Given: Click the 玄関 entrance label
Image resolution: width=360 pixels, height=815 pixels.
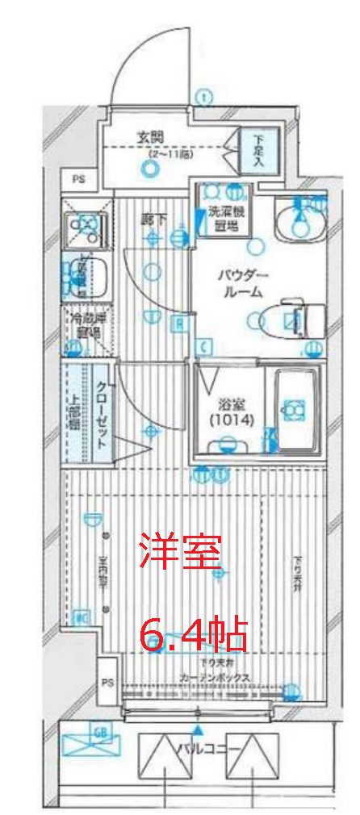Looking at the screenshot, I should tap(147, 136).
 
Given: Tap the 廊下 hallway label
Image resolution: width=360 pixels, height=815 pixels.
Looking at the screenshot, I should tap(150, 218).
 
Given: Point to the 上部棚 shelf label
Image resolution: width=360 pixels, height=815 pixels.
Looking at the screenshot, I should tap(73, 412).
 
